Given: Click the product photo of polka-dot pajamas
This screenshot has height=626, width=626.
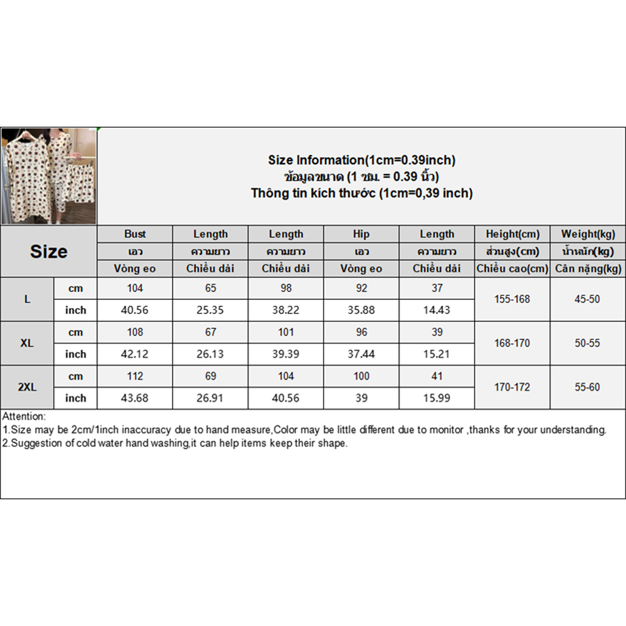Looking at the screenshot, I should pos(49,176).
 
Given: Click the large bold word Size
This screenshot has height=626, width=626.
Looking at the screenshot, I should pos(49,252).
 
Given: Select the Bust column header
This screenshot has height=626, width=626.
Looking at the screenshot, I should pos(135,234).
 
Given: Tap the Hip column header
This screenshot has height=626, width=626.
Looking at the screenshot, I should pos(361,234).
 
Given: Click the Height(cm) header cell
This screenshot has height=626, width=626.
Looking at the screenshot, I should pos(513,234).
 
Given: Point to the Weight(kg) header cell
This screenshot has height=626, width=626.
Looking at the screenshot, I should pos(588,234).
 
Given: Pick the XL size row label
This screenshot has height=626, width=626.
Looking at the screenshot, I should pos(27,343).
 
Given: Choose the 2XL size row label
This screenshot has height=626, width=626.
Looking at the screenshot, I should pos(27,387).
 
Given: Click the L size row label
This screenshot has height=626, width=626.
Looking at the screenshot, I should pos(27,299).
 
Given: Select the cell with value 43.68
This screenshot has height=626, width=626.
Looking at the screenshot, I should pos(135,398).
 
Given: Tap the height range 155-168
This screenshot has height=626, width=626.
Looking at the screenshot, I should pos(512,299).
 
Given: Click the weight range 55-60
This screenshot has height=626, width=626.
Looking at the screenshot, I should pos(587,387).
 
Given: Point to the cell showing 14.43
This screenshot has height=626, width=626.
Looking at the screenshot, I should pos(437,310).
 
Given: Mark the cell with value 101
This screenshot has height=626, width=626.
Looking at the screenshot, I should pos(286,332).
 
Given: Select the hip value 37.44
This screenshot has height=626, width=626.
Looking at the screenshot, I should pos(361,354).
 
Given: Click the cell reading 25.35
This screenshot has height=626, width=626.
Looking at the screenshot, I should pos(210,310).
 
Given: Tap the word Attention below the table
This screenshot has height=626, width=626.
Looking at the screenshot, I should pos(24,416).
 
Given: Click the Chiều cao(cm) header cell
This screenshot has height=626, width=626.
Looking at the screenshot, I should pos(513,269).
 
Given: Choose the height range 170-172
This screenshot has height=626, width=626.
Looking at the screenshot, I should pos(512,387).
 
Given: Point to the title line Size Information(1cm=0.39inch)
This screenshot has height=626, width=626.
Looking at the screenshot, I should pos(362,160).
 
